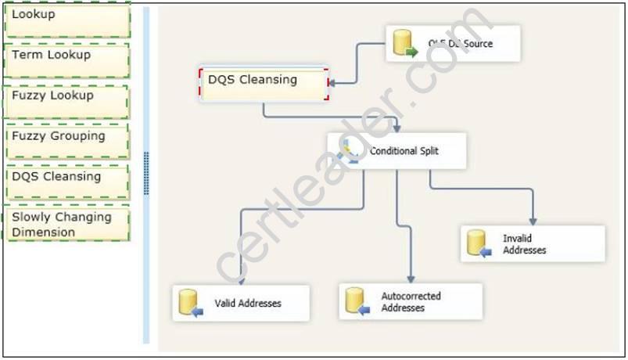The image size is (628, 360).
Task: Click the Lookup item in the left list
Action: [x=66, y=20]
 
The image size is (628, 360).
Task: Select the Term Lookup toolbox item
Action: [x=66, y=60]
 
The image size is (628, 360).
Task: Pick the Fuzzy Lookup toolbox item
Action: [x=66, y=101]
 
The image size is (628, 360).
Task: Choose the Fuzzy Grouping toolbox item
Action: [x=66, y=141]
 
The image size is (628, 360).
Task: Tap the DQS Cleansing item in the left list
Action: [x=66, y=182]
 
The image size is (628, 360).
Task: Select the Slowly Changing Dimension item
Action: [x=66, y=225]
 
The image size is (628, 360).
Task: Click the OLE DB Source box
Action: [x=453, y=44]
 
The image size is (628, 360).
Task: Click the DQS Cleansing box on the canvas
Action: [x=264, y=84]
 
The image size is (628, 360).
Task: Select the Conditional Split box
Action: [x=397, y=151]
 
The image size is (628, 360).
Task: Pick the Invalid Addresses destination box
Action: [x=532, y=243]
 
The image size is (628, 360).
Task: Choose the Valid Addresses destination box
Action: [x=241, y=303]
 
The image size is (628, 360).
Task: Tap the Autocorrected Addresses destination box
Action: [x=410, y=301]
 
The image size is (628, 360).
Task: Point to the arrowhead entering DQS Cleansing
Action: [x=332, y=81]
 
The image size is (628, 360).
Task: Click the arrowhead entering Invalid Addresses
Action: [x=533, y=221]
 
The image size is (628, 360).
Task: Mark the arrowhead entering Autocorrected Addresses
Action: [x=410, y=279]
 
